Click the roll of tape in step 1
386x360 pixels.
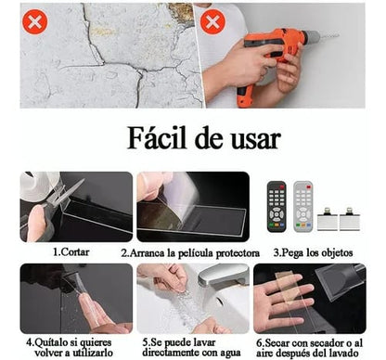39,186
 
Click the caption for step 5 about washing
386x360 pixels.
193,345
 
